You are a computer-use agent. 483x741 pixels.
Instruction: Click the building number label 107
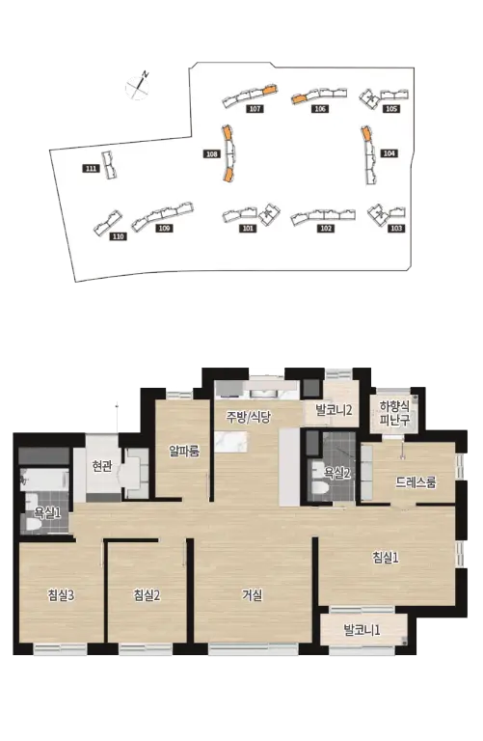click(255, 109)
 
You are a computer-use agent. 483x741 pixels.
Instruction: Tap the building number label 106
click(320, 109)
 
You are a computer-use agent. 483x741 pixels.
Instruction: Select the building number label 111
click(92, 168)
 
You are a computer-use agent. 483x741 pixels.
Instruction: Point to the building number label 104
click(389, 153)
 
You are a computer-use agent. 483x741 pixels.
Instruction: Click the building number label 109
click(164, 229)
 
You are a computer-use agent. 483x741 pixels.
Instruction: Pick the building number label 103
click(396, 229)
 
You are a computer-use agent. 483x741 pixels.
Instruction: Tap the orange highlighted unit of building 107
click(269, 89)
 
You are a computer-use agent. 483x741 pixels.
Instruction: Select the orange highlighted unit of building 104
click(365, 133)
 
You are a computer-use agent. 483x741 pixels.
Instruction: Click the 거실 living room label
click(253, 595)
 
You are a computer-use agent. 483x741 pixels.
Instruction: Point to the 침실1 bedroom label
click(386, 558)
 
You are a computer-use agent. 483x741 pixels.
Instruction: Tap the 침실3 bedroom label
click(61, 595)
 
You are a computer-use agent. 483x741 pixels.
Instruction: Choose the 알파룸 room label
click(184, 451)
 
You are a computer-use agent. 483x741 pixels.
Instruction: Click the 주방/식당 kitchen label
click(249, 417)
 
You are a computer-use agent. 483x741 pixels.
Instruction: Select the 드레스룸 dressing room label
click(416, 482)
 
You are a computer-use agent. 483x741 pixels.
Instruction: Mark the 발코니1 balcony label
click(362, 630)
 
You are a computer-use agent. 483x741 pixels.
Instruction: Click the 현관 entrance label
click(102, 466)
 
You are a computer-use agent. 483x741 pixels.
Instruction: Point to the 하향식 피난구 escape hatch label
click(394, 413)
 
